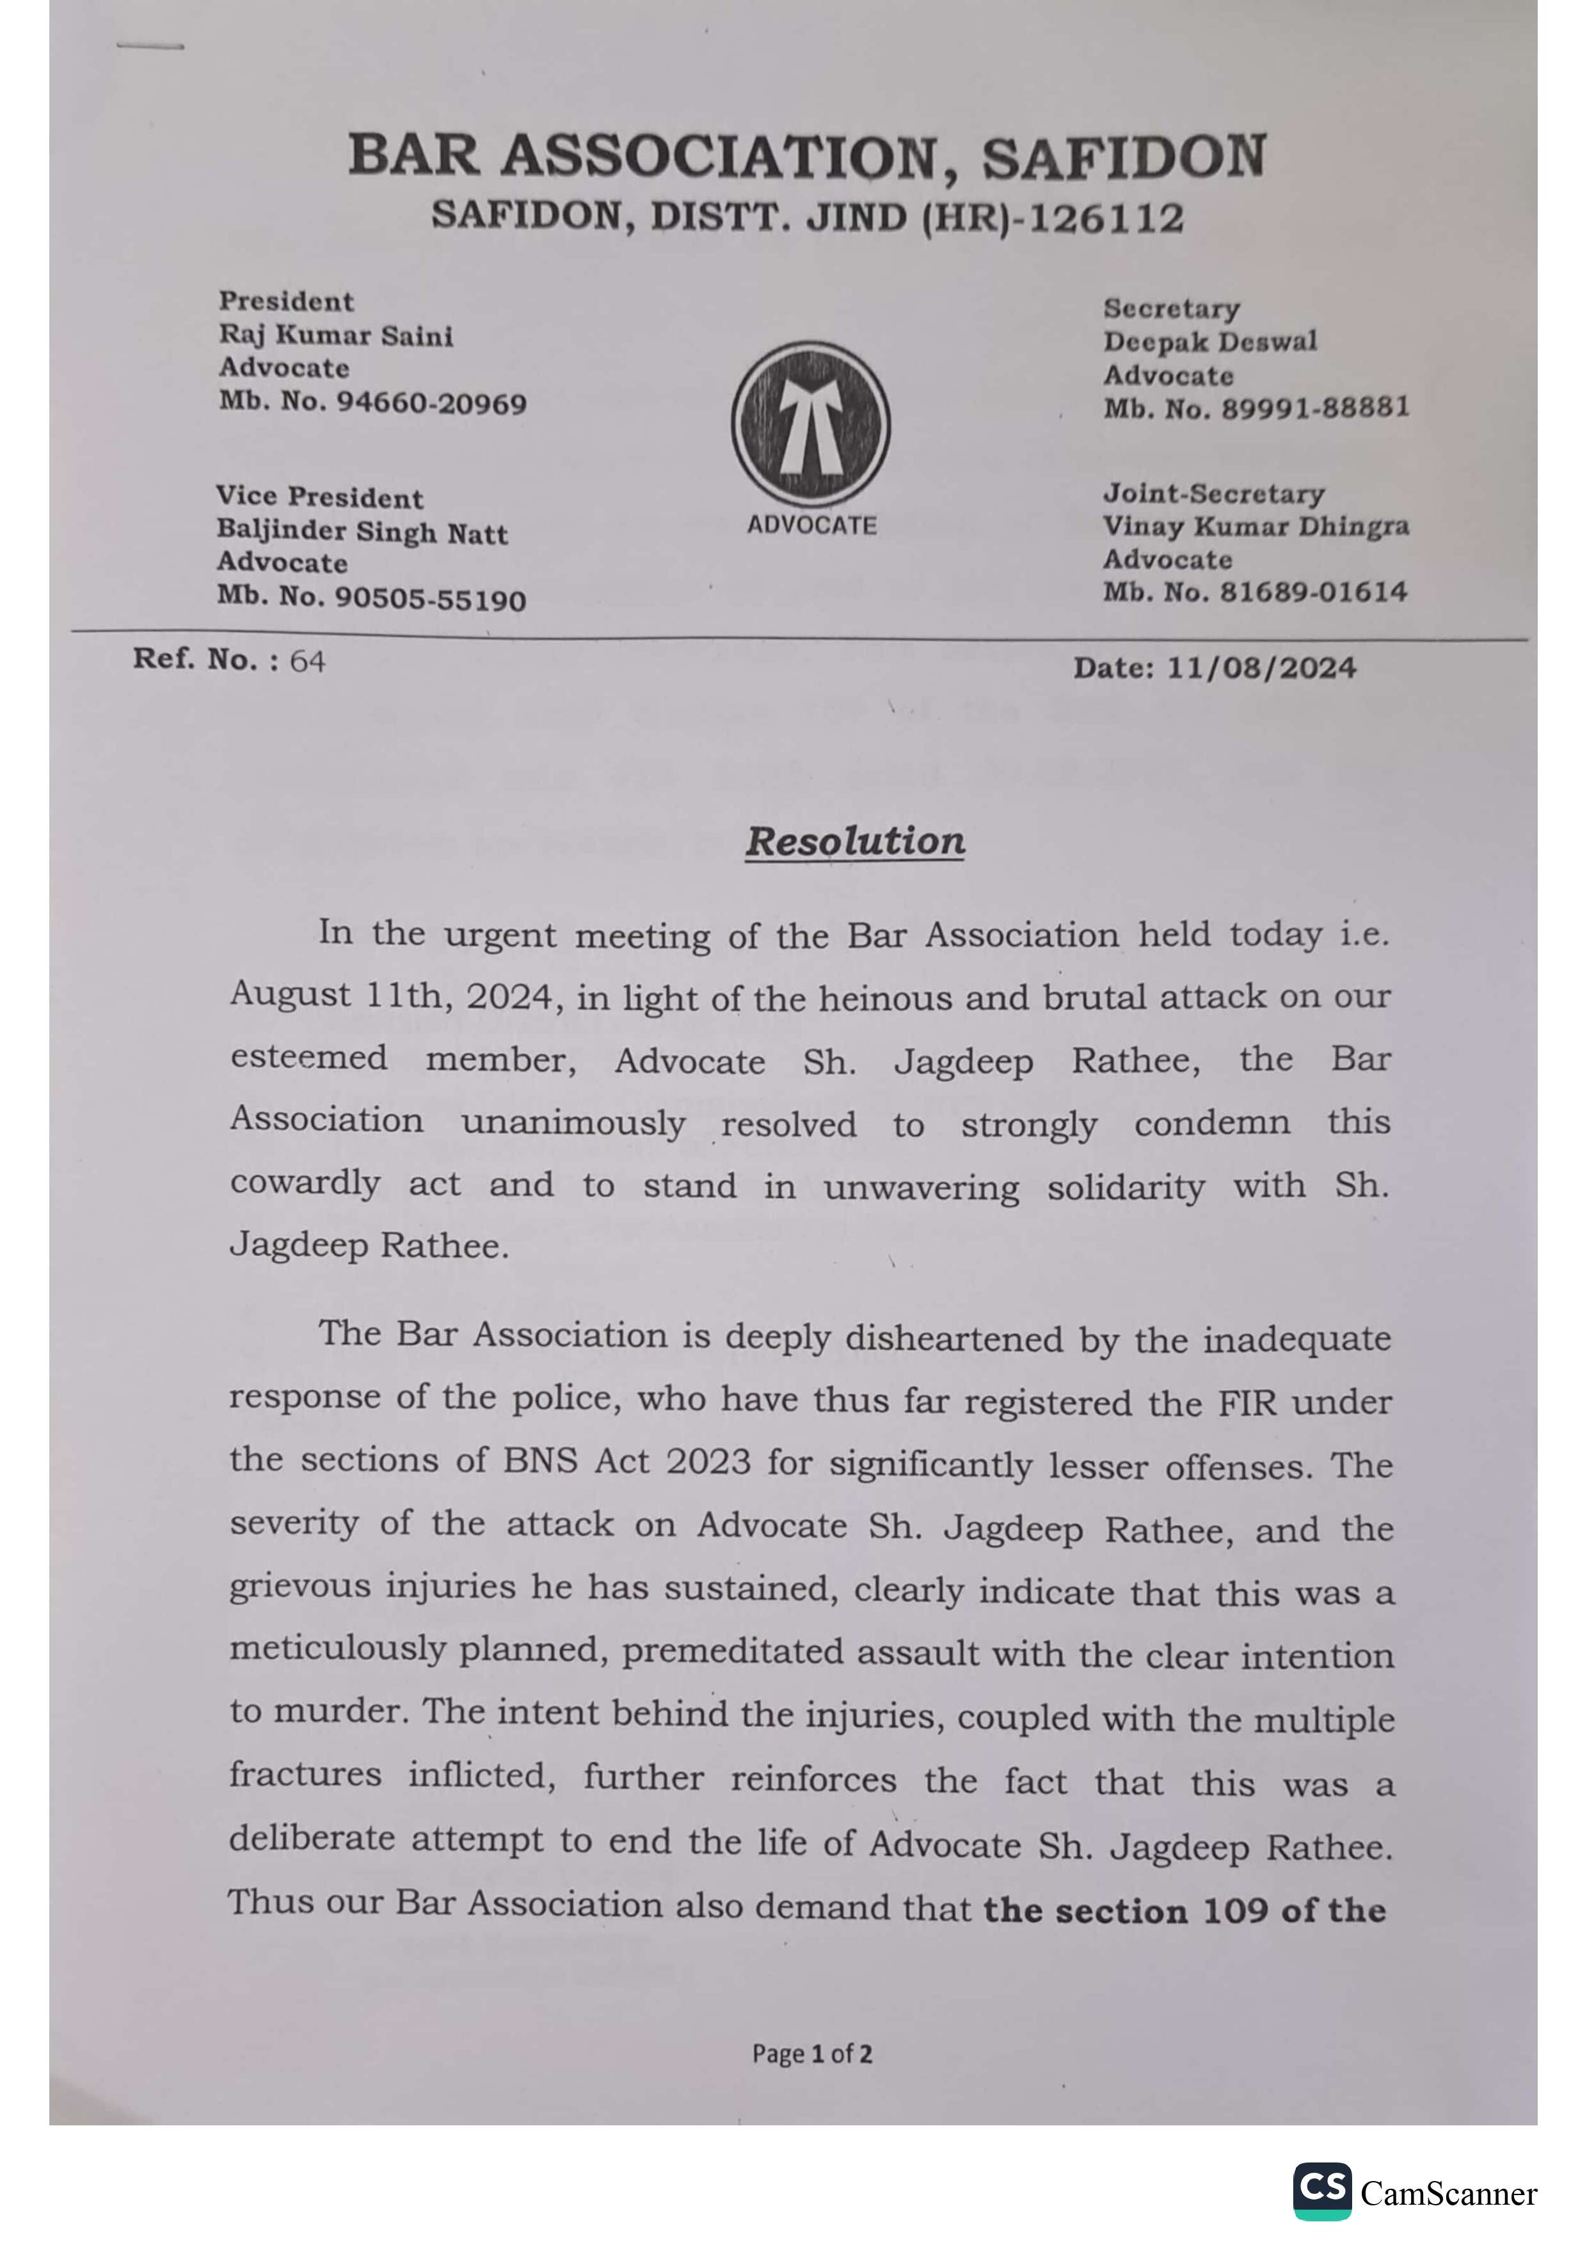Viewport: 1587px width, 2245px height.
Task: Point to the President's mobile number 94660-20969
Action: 431,403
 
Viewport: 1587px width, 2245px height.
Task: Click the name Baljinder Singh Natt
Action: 362,533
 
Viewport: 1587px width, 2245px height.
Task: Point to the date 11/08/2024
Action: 1261,669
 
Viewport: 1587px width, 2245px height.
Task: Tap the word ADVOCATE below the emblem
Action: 811,525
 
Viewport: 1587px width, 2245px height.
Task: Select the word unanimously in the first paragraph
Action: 573,1122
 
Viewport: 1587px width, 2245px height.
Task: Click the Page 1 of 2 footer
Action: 811,2053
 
